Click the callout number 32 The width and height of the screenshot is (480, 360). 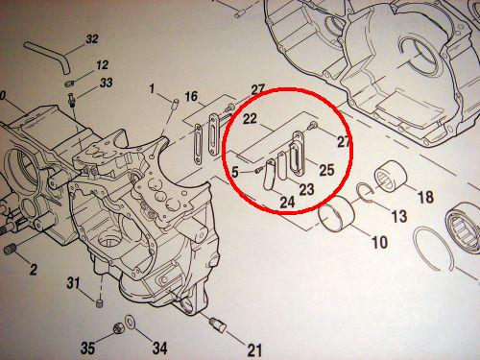pyautogui.click(x=92, y=39)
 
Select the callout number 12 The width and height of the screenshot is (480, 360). pyautogui.click(x=102, y=65)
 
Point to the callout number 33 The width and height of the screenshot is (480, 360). pyautogui.click(x=106, y=83)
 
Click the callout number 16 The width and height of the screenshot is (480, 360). pyautogui.click(x=191, y=96)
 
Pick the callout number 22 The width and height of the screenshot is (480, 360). pyautogui.click(x=250, y=119)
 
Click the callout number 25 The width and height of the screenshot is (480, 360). pyautogui.click(x=326, y=170)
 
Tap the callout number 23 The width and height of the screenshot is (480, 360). pyautogui.click(x=306, y=189)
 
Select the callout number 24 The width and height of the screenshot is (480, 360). pyautogui.click(x=287, y=203)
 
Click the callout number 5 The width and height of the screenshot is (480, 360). pyautogui.click(x=235, y=172)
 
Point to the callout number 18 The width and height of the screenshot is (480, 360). pyautogui.click(x=426, y=197)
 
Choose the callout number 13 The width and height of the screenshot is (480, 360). pyautogui.click(x=399, y=216)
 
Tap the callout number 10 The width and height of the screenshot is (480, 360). pyautogui.click(x=379, y=242)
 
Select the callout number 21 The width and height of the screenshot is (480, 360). pyautogui.click(x=254, y=349)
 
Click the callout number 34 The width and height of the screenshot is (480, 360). pyautogui.click(x=159, y=348)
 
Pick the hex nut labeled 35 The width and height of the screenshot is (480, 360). pyautogui.click(x=118, y=328)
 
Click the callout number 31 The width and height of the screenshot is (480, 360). pyautogui.click(x=73, y=283)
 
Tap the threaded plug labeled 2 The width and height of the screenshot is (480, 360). pyautogui.click(x=11, y=249)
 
